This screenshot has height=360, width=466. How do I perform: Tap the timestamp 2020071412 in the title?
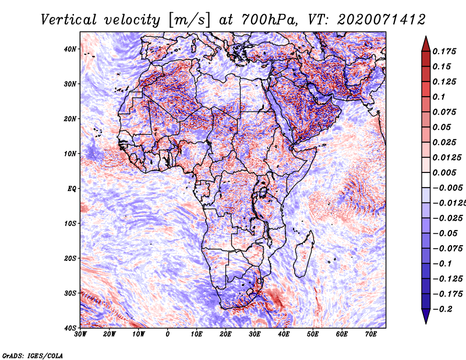(x=382, y=20)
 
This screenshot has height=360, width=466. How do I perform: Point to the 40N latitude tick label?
(x=70, y=49)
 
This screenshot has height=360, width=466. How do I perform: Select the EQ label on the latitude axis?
(x=72, y=189)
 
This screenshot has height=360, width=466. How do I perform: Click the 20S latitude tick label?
(x=70, y=258)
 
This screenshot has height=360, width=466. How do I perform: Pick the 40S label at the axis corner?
(x=70, y=328)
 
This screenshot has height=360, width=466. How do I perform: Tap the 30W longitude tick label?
(x=80, y=334)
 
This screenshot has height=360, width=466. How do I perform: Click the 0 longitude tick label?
(x=168, y=334)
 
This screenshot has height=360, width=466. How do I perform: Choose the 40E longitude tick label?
(x=284, y=334)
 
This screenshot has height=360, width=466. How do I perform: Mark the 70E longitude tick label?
(x=371, y=334)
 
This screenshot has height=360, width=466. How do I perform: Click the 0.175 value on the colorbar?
(x=444, y=51)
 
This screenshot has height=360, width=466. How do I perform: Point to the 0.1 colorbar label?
(x=439, y=97)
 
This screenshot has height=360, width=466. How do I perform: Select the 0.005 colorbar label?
(x=444, y=172)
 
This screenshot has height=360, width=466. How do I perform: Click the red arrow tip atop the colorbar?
(x=426, y=37)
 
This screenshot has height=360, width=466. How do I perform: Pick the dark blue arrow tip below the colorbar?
(x=426, y=323)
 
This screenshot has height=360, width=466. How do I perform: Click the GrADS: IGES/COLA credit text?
(x=33, y=355)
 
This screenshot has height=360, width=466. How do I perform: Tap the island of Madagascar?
(x=304, y=253)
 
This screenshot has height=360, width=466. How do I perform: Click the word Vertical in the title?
(x=69, y=20)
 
